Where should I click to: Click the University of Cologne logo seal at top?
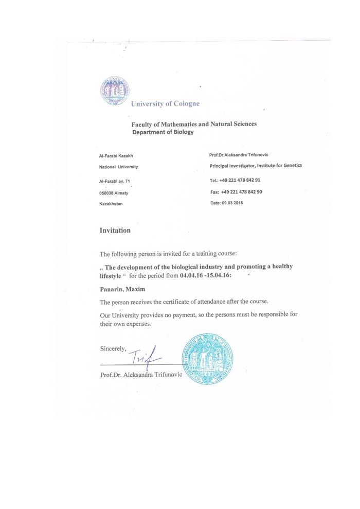[115, 91]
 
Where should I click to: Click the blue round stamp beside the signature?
[207, 358]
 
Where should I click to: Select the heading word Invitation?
[115, 231]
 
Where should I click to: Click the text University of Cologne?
[165, 103]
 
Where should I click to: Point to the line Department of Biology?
[163, 132]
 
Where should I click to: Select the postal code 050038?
[106, 192]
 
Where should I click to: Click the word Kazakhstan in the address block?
[111, 204]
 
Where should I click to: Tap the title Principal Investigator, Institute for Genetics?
[256, 165]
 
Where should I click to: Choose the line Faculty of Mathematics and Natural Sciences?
[194, 124]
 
